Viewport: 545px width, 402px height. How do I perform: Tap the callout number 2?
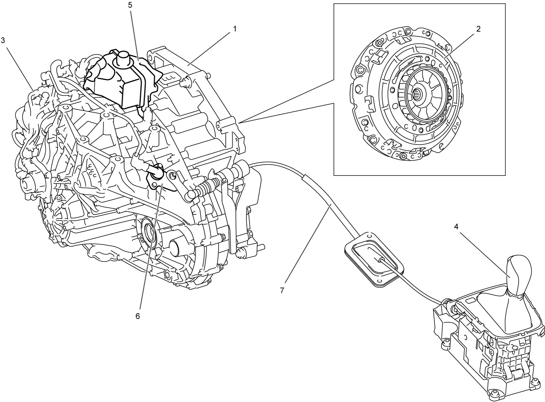coord(479,29)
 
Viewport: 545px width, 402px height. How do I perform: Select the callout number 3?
coord(3,40)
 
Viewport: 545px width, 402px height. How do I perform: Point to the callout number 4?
coord(456,227)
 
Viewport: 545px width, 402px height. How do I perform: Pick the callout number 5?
coord(130,6)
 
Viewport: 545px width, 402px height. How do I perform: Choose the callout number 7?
coord(282,291)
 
